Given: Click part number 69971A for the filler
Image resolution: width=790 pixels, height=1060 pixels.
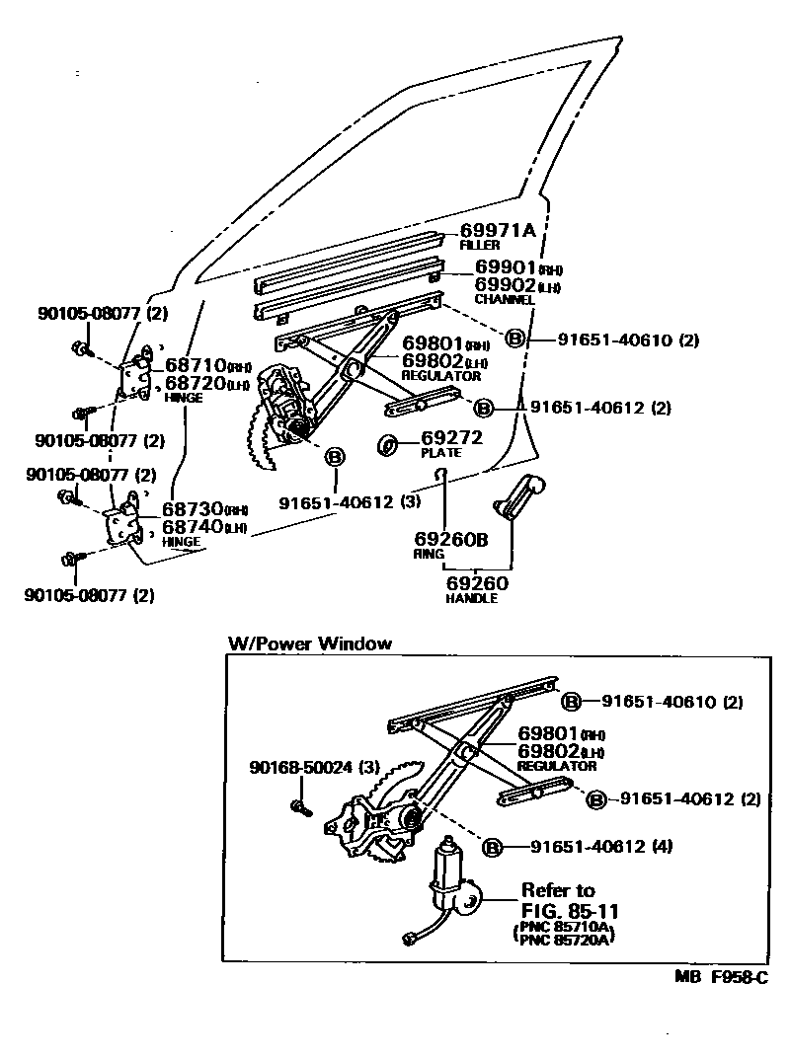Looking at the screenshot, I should [x=497, y=231].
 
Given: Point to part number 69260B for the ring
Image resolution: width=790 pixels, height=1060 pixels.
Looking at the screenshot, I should [x=451, y=540].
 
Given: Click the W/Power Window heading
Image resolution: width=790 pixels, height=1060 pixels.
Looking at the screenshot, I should [x=309, y=644].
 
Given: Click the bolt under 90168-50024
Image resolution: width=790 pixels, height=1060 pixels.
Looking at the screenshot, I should [x=300, y=808].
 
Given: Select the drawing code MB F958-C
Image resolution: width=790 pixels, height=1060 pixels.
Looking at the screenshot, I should [x=721, y=978].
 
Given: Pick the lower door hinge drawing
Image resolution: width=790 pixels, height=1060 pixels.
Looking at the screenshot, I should [x=125, y=522].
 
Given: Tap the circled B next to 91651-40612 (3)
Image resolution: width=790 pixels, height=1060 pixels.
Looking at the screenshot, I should [x=335, y=456].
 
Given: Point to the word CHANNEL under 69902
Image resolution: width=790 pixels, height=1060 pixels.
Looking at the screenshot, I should [x=504, y=299].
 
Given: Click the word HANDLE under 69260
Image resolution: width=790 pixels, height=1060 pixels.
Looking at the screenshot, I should [x=472, y=598].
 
